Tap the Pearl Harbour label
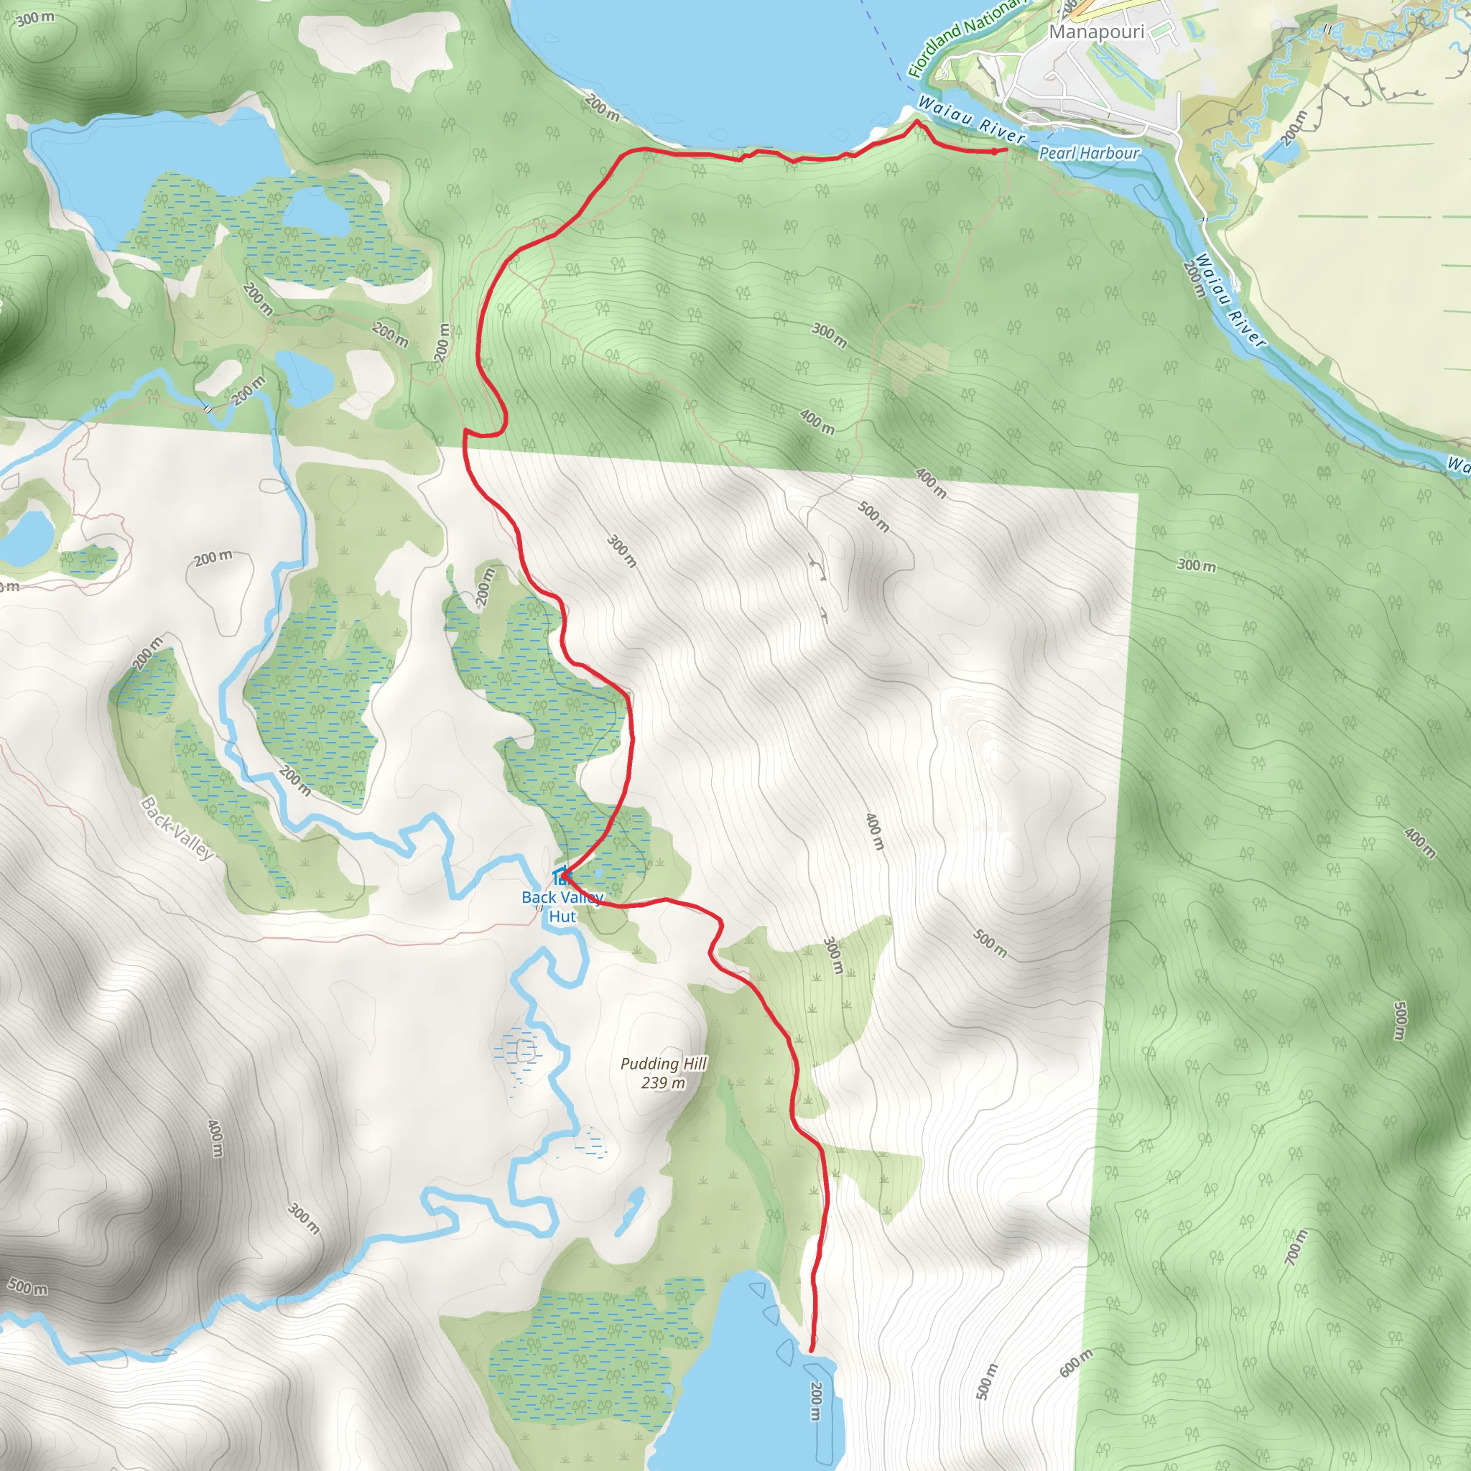1089,153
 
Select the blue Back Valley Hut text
562,907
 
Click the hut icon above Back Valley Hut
560,876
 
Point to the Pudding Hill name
663,1064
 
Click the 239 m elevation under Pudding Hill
662,1082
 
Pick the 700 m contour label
1295,1247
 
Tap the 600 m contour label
1076,1362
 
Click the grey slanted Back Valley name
177,827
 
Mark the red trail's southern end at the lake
812,1350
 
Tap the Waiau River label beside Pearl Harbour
972,120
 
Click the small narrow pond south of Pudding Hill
629,1210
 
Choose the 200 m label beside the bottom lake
815,1401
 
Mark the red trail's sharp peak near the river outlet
917,121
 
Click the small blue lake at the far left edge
27,534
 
